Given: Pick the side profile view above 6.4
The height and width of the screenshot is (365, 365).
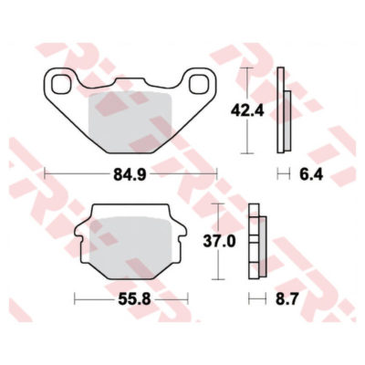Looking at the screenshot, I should coord(284,111).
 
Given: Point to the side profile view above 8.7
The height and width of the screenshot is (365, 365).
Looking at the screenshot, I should coord(255,242).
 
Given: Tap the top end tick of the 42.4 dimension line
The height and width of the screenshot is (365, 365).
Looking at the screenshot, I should coord(245,70).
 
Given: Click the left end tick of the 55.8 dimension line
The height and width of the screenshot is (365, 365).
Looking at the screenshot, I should coord(75,298).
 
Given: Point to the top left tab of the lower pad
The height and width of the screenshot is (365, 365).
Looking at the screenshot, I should coord(95,212).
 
